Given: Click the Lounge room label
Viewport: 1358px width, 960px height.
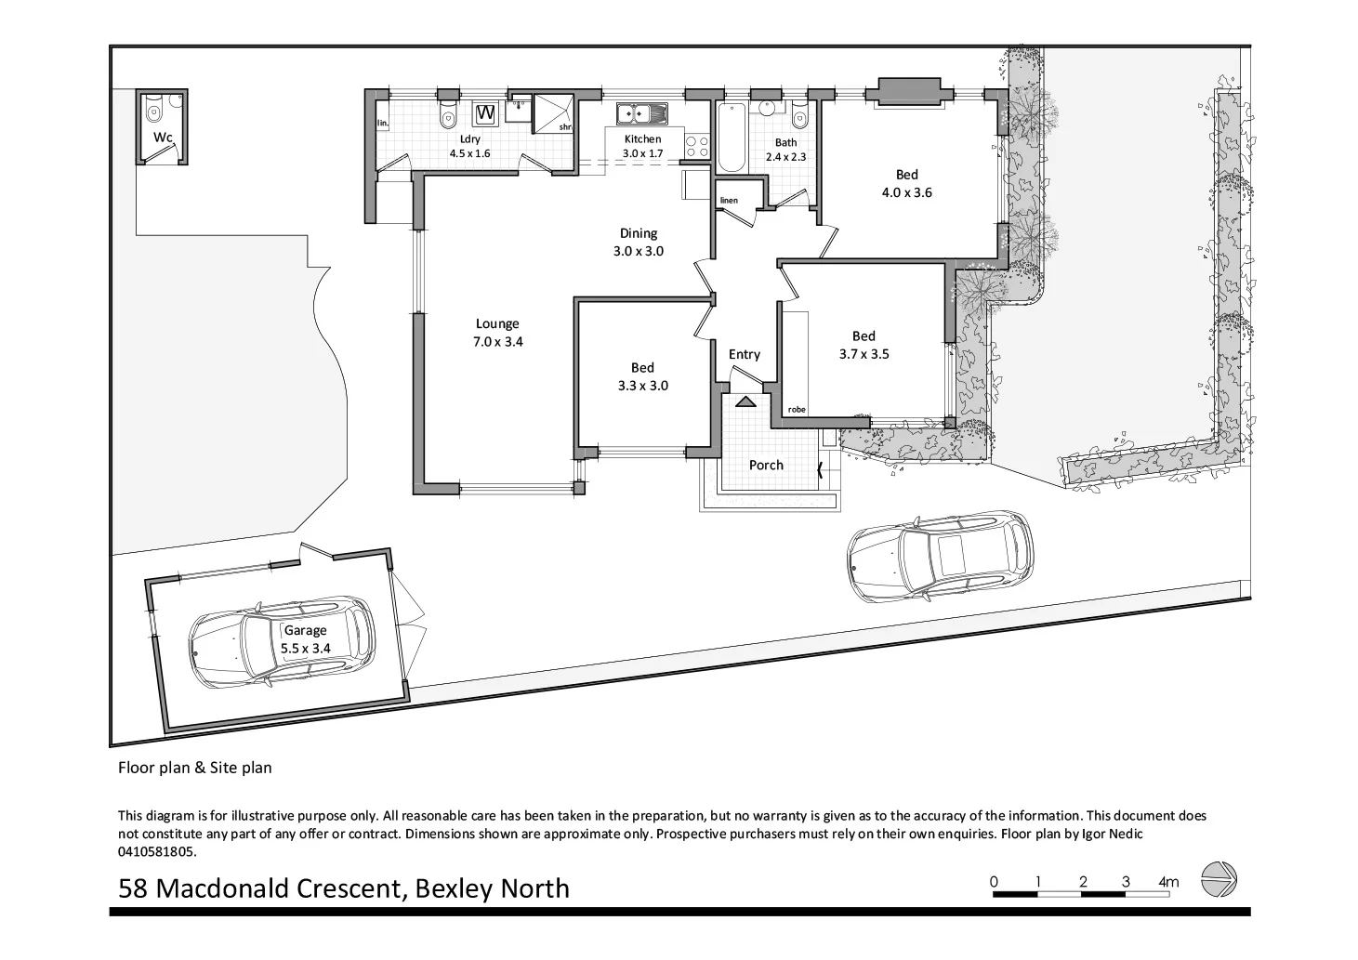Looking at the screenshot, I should pyautogui.click(x=497, y=333).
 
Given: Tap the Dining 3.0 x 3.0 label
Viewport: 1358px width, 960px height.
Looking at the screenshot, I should pyautogui.click(x=639, y=242).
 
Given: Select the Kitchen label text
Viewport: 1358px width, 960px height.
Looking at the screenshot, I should pyautogui.click(x=642, y=138).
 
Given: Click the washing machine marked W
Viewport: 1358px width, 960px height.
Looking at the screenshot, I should pyautogui.click(x=485, y=113).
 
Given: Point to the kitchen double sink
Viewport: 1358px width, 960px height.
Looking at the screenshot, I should pyautogui.click(x=642, y=113).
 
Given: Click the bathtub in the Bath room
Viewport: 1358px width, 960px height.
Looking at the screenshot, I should pyautogui.click(x=732, y=138).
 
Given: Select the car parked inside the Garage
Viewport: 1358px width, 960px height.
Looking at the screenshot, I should pyautogui.click(x=283, y=641).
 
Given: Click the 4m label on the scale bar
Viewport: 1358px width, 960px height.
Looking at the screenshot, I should pyautogui.click(x=1168, y=881).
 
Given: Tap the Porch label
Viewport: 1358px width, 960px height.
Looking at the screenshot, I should pyautogui.click(x=766, y=465).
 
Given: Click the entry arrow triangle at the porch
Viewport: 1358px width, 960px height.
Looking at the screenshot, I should pyautogui.click(x=745, y=401).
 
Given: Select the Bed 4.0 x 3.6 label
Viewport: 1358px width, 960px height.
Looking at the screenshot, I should pyautogui.click(x=906, y=183).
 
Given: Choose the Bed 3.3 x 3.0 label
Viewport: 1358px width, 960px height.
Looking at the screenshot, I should pyautogui.click(x=642, y=376).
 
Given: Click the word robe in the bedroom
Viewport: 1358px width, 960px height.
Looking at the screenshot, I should pyautogui.click(x=797, y=409).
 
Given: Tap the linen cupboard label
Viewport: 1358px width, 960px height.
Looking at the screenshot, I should pyautogui.click(x=729, y=201).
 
